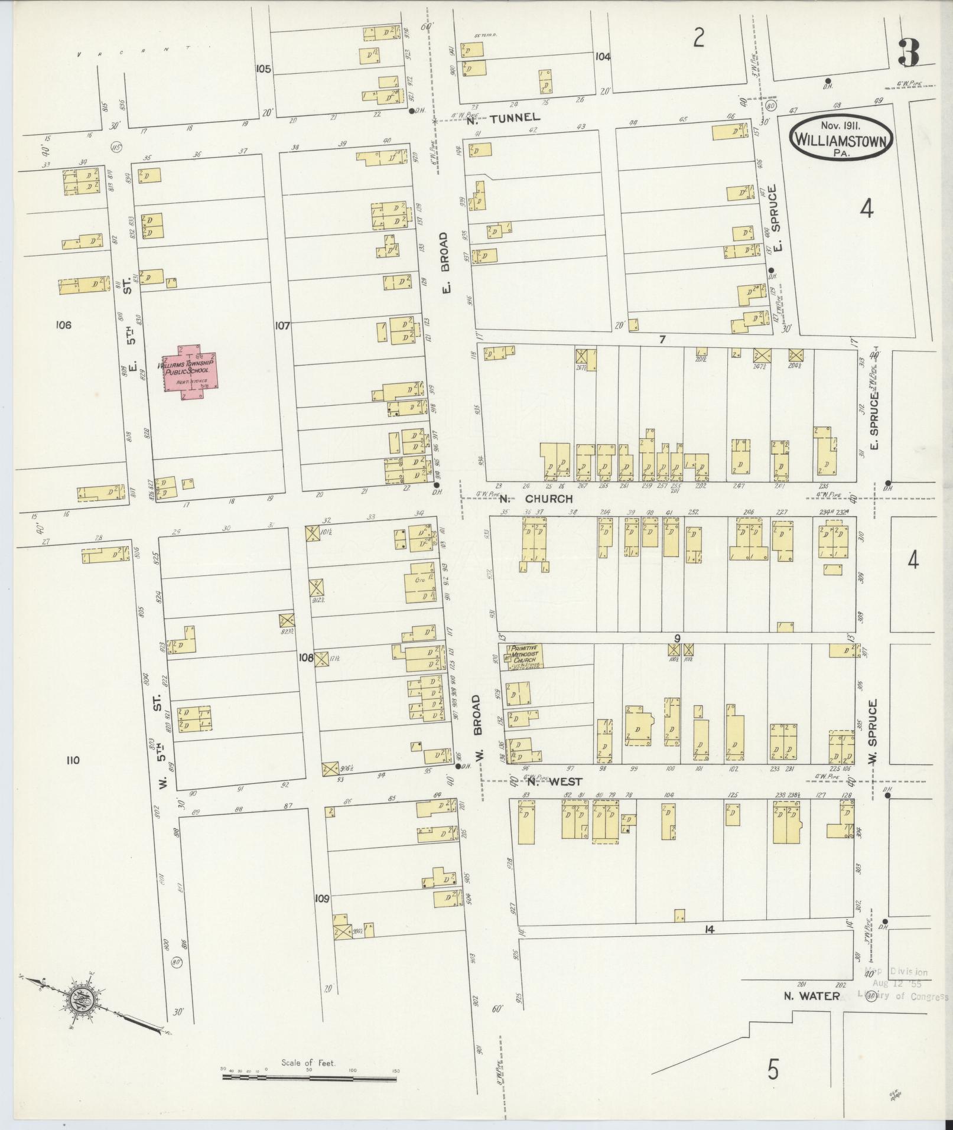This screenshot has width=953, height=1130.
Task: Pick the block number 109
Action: (321, 915)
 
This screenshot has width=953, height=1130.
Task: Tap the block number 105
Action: (263, 69)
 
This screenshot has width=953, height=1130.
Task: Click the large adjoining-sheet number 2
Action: (699, 38)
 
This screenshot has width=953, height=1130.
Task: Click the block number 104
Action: (603, 57)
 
